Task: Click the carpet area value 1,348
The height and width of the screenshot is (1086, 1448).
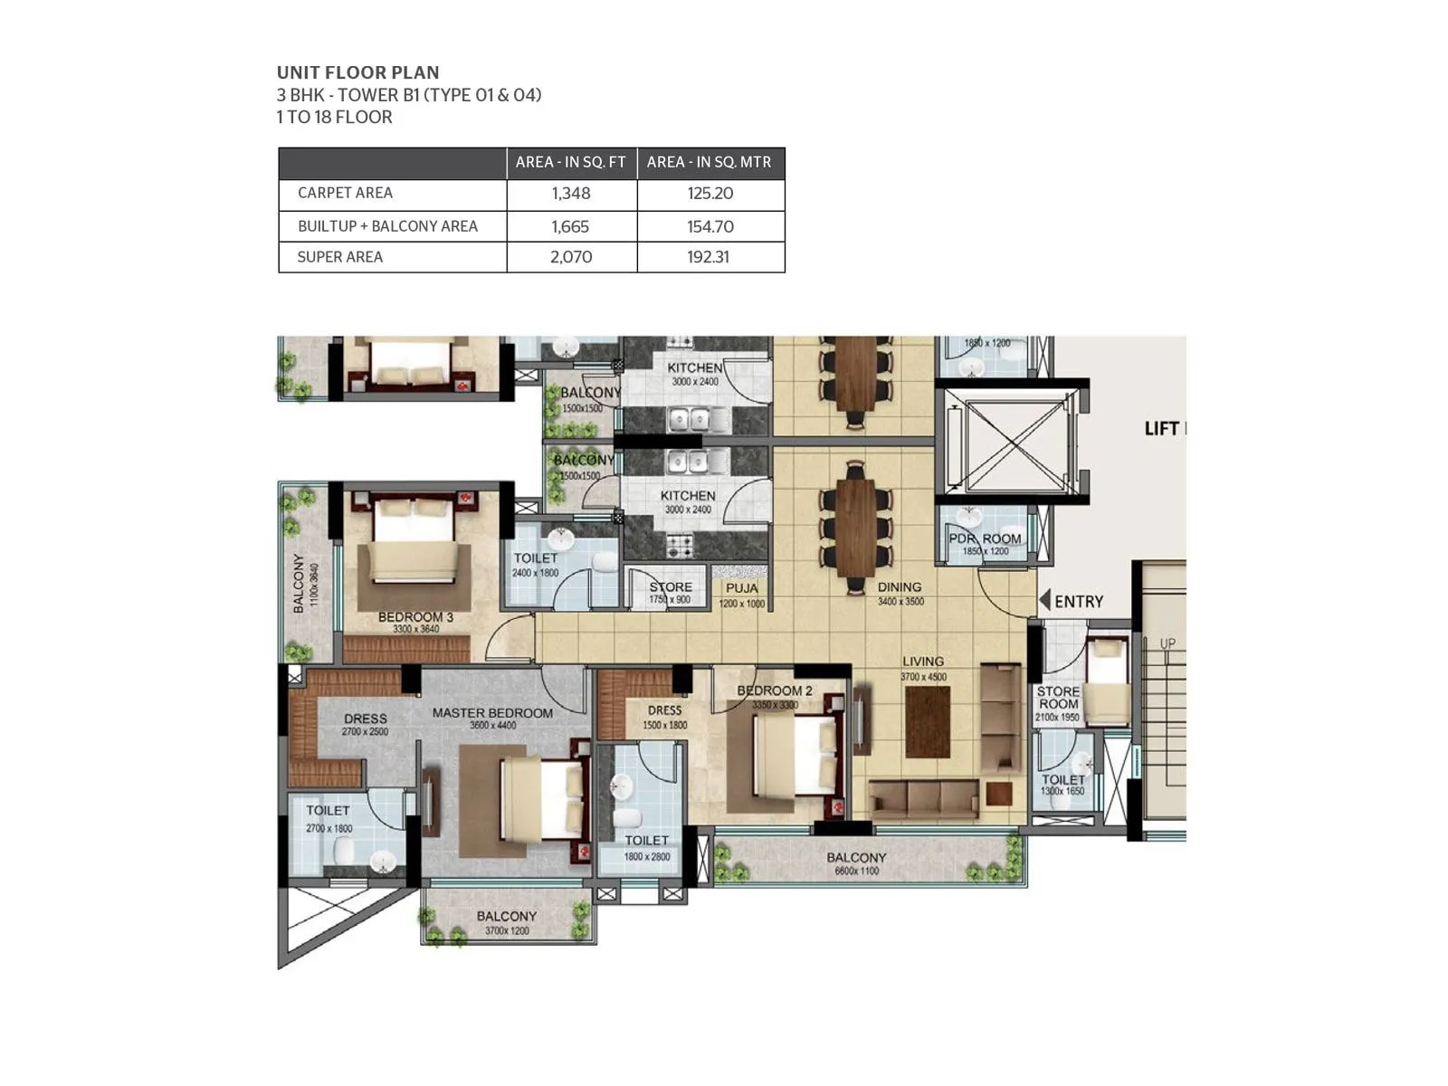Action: (571, 194)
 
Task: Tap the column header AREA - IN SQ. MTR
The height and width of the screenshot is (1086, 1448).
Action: (709, 162)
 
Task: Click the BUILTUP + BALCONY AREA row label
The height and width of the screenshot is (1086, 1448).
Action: (387, 226)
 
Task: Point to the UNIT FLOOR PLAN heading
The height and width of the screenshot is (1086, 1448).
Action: (357, 72)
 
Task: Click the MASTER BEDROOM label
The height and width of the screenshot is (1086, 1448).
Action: (492, 713)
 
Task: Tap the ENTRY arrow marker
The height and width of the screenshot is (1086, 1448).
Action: (1045, 600)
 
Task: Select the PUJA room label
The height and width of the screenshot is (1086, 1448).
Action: (742, 588)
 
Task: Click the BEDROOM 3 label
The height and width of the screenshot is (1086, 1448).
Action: (415, 617)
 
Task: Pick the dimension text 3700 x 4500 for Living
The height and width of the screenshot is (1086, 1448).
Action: (923, 677)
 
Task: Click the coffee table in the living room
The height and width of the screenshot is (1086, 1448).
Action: (927, 720)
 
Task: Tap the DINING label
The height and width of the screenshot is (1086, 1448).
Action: (899, 587)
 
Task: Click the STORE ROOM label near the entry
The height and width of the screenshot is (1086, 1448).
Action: (1058, 697)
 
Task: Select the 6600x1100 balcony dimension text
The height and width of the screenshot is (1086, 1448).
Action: (856, 872)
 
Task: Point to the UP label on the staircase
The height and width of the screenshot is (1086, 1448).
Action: (1167, 643)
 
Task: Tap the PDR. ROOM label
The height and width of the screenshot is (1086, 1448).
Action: (985, 538)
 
